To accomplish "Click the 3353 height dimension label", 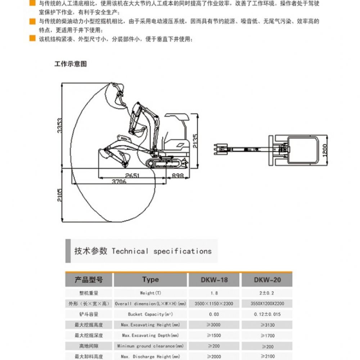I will (60, 126).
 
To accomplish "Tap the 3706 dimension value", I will (119, 182).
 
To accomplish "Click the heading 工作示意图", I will (71, 64).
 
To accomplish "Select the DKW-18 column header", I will (214, 280).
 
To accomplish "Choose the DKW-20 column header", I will (267, 280).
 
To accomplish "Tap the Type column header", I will (150, 280).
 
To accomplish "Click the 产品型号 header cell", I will (89, 280).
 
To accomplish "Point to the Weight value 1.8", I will (214, 293).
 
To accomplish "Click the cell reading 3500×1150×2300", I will (214, 303).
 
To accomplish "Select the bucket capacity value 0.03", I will (214, 314).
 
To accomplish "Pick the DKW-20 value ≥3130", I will (267, 325).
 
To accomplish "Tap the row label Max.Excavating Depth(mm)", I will (150, 336).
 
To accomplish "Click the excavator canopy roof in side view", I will (176, 116).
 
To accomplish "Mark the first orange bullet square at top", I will (32, 3).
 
